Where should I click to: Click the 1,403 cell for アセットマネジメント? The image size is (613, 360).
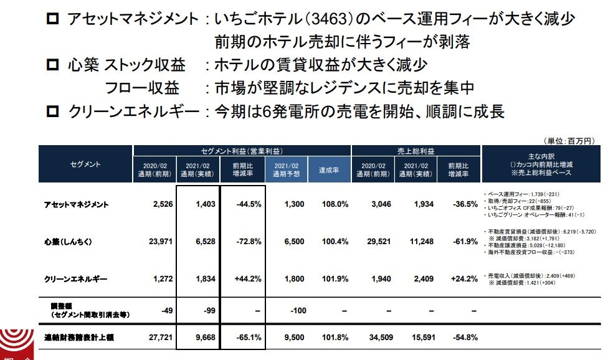click(x=198, y=204)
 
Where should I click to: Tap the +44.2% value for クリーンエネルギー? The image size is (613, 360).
click(x=247, y=279)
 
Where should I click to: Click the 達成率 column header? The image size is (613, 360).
click(x=328, y=169)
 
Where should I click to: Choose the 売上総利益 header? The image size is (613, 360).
click(x=416, y=151)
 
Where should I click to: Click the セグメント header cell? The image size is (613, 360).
click(x=86, y=164)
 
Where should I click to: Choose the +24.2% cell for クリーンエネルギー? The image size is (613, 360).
click(x=463, y=279)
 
